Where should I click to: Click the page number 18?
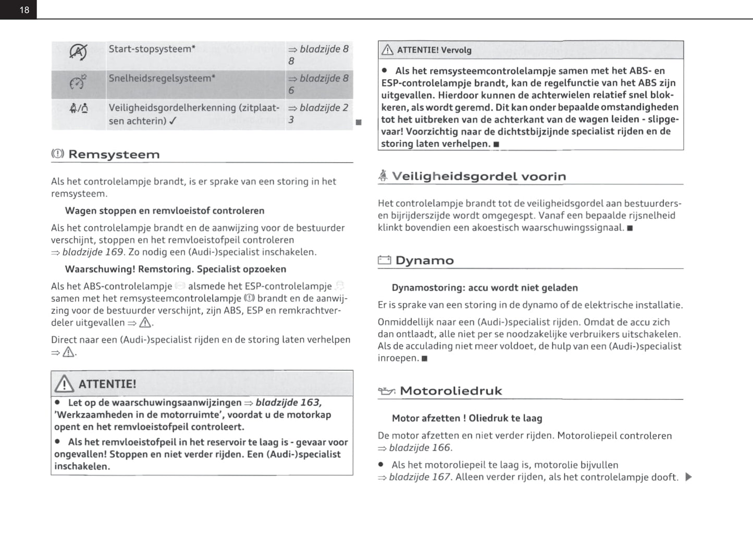24,10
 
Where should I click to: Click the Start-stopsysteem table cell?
152,49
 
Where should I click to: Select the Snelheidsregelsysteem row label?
162,78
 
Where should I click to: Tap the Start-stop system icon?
78,51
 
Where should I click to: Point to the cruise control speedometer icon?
78,82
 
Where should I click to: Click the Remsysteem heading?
114,154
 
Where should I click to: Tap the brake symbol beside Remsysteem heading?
57,154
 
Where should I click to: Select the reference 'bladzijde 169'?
93,252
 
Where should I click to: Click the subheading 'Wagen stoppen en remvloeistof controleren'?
165,211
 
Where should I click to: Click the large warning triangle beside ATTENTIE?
64,384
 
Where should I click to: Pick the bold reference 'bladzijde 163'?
288,403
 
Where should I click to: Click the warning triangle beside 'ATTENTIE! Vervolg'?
387,50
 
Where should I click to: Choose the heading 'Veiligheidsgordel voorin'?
479,176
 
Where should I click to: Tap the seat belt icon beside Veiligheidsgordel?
383,176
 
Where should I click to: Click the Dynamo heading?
424,260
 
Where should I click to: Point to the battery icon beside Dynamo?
384,260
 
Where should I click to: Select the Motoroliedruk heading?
451,391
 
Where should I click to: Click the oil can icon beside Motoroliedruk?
386,391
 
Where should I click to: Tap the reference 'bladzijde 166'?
420,448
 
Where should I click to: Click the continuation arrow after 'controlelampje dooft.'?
688,477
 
